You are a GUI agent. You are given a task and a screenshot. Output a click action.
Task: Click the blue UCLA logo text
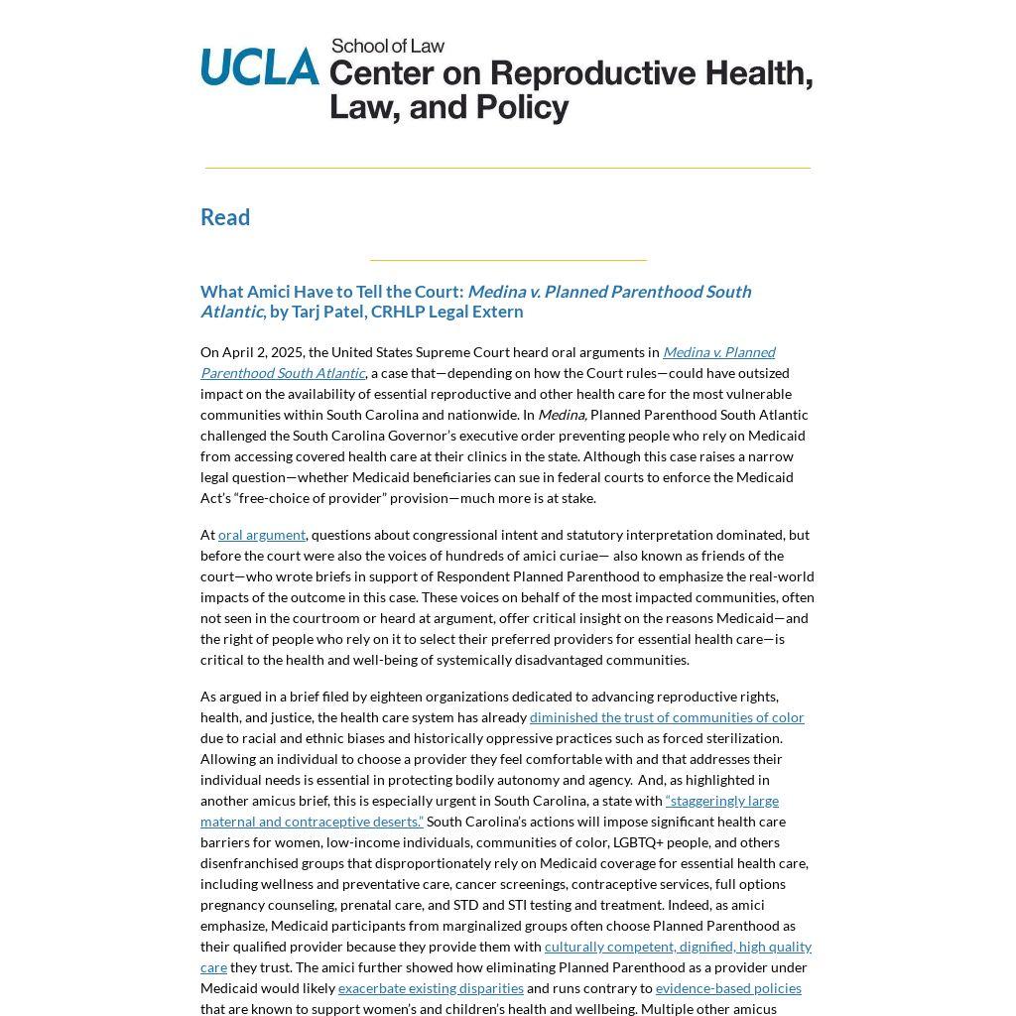pyautogui.click(x=260, y=66)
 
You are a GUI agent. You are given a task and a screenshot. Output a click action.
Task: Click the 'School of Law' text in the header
pyautogui.click(x=388, y=46)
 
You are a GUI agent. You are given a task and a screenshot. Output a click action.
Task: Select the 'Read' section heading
pyautogui.click(x=225, y=217)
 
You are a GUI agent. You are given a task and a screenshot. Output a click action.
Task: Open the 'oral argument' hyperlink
pyautogui.click(x=262, y=535)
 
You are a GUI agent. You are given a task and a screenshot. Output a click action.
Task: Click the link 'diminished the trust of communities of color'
pyautogui.click(x=667, y=717)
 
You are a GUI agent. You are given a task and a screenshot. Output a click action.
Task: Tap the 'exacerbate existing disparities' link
pyautogui.click(x=431, y=988)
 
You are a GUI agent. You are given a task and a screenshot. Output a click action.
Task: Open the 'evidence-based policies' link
pyautogui.click(x=728, y=988)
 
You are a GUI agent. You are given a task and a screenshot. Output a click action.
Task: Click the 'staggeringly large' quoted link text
pyautogui.click(x=723, y=801)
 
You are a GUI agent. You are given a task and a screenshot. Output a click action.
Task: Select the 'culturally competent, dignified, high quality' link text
pyautogui.click(x=678, y=947)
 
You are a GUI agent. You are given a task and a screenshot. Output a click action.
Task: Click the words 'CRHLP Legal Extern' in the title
pyautogui.click(x=447, y=312)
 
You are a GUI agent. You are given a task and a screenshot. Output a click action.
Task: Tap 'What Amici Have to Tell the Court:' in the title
pyautogui.click(x=331, y=292)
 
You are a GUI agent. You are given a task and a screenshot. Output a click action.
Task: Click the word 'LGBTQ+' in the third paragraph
pyautogui.click(x=638, y=842)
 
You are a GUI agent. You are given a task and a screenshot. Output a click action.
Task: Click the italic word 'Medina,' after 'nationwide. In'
pyautogui.click(x=562, y=415)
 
